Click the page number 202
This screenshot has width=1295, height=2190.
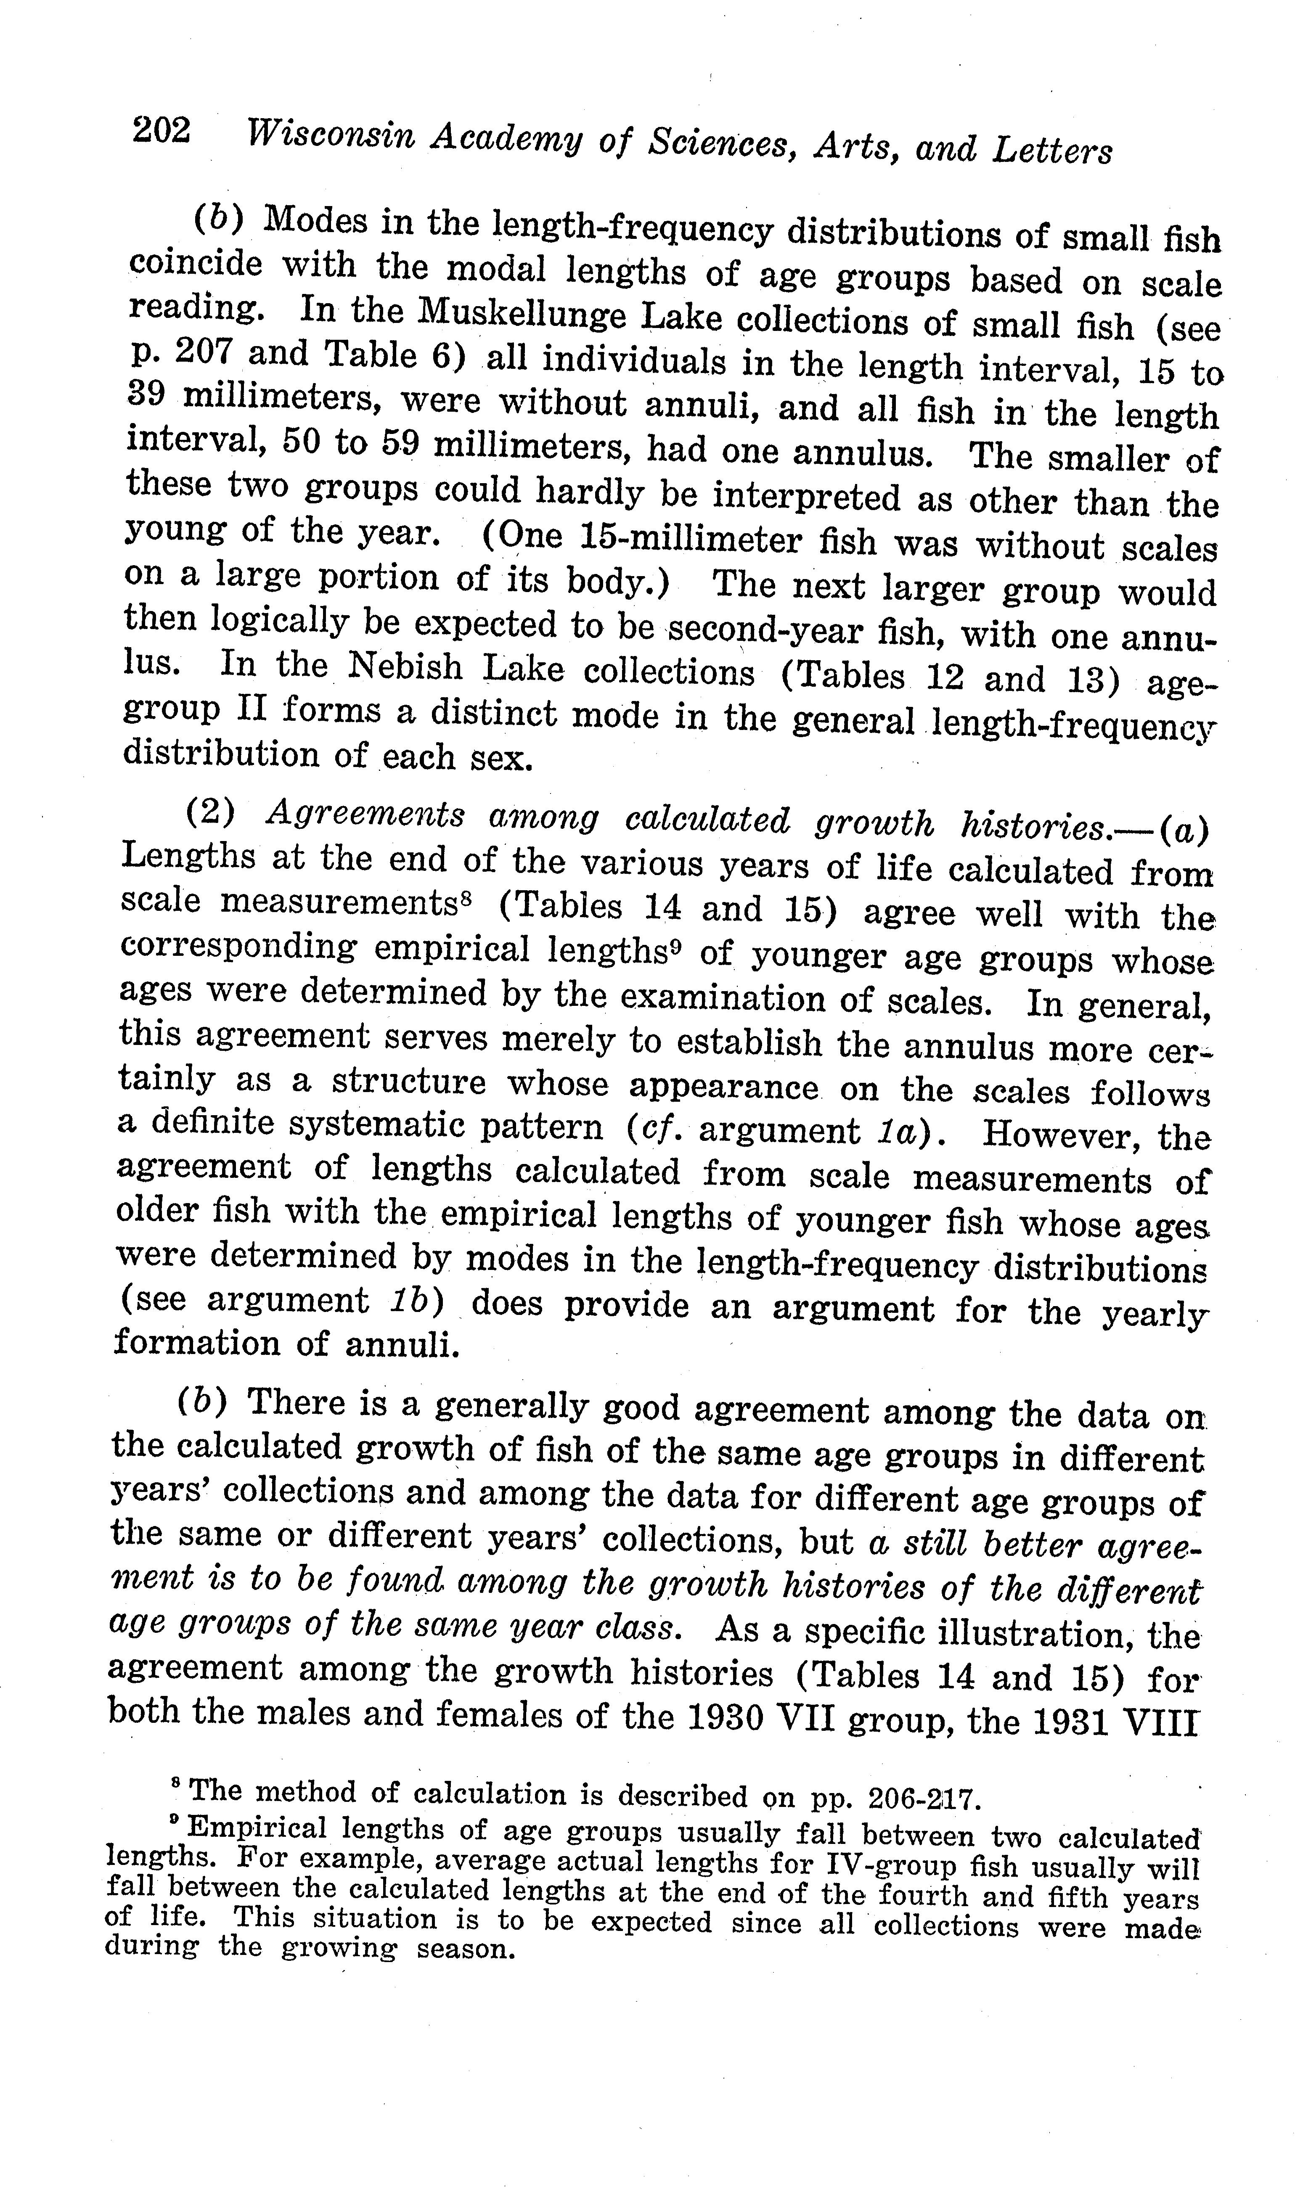click(162, 131)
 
